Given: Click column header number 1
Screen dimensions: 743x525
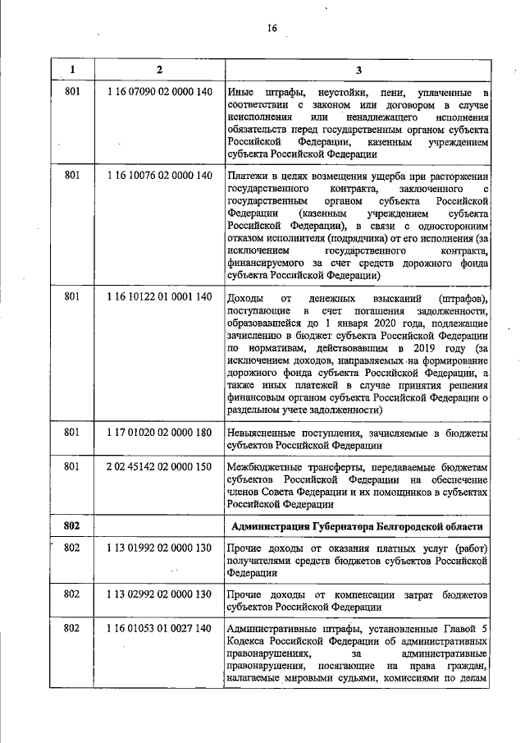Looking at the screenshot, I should click(72, 69).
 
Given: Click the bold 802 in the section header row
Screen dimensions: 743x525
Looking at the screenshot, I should click(72, 525).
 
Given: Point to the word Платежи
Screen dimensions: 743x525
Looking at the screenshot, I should click(248, 175).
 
